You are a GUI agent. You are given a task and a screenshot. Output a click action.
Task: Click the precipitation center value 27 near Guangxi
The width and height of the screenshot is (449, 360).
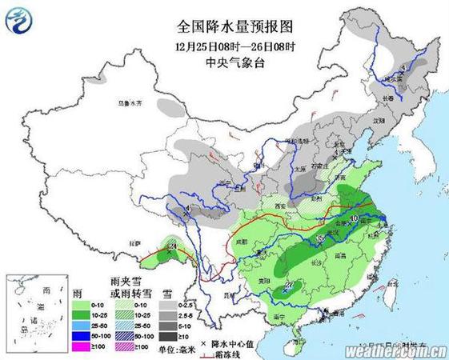[x=289, y=286]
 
